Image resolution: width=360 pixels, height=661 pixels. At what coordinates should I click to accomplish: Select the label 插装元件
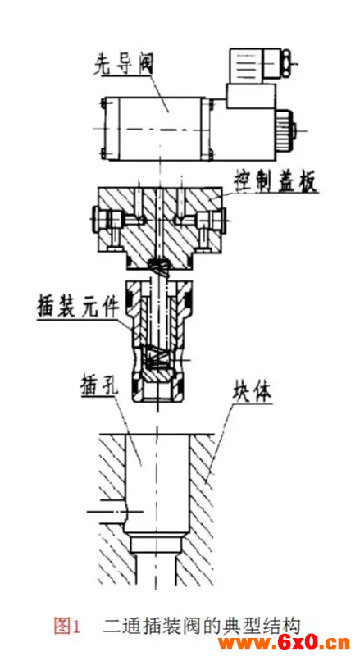pyautogui.click(x=78, y=309)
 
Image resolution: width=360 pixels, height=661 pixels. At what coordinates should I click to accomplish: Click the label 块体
pyautogui.click(x=251, y=393)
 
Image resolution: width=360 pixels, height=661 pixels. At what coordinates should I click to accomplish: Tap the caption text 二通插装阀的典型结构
pyautogui.click(x=202, y=626)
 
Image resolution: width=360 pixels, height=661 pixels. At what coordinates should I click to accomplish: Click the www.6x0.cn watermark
pyautogui.click(x=283, y=643)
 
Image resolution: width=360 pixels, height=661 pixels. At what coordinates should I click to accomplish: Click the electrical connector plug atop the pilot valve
pyautogui.click(x=258, y=66)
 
